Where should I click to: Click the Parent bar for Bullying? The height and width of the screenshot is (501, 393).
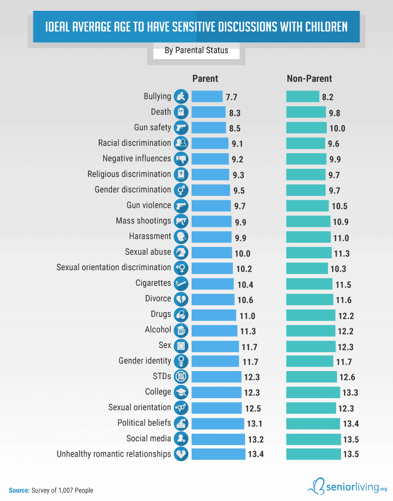207,96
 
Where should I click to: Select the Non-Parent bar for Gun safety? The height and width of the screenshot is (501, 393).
306,128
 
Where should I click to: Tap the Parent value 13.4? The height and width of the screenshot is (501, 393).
256,454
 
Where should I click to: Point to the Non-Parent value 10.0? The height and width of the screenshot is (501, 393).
337,128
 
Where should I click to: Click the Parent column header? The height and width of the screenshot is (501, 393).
205,79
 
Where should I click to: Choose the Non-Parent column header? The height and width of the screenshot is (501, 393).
309,79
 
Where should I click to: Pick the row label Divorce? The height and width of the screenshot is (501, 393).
158,299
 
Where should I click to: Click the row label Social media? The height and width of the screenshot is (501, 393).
148,438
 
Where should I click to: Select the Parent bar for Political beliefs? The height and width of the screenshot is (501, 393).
218,423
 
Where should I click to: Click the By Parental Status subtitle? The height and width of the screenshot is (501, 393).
196,50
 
